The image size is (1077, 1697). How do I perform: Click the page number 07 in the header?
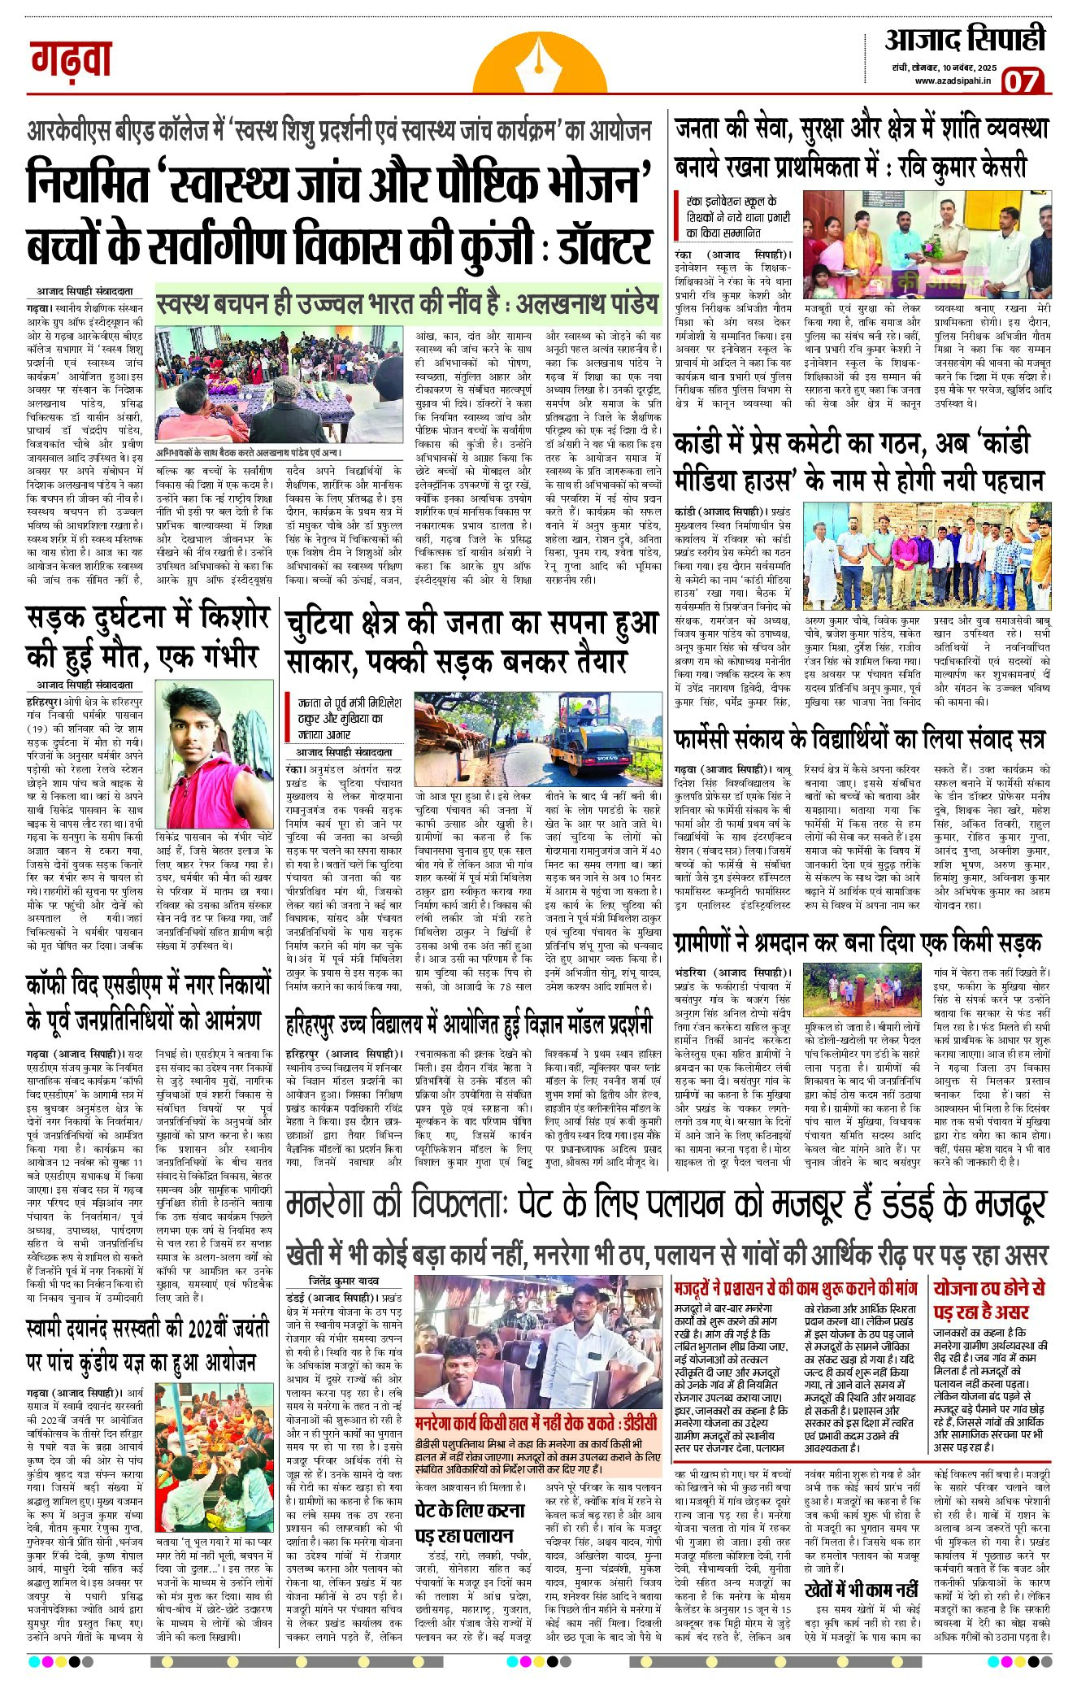[1022, 82]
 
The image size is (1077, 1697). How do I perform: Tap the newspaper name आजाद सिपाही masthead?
[965, 40]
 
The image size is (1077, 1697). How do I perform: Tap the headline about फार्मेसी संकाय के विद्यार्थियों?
[859, 739]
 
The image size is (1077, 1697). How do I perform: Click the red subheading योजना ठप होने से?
[989, 1299]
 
